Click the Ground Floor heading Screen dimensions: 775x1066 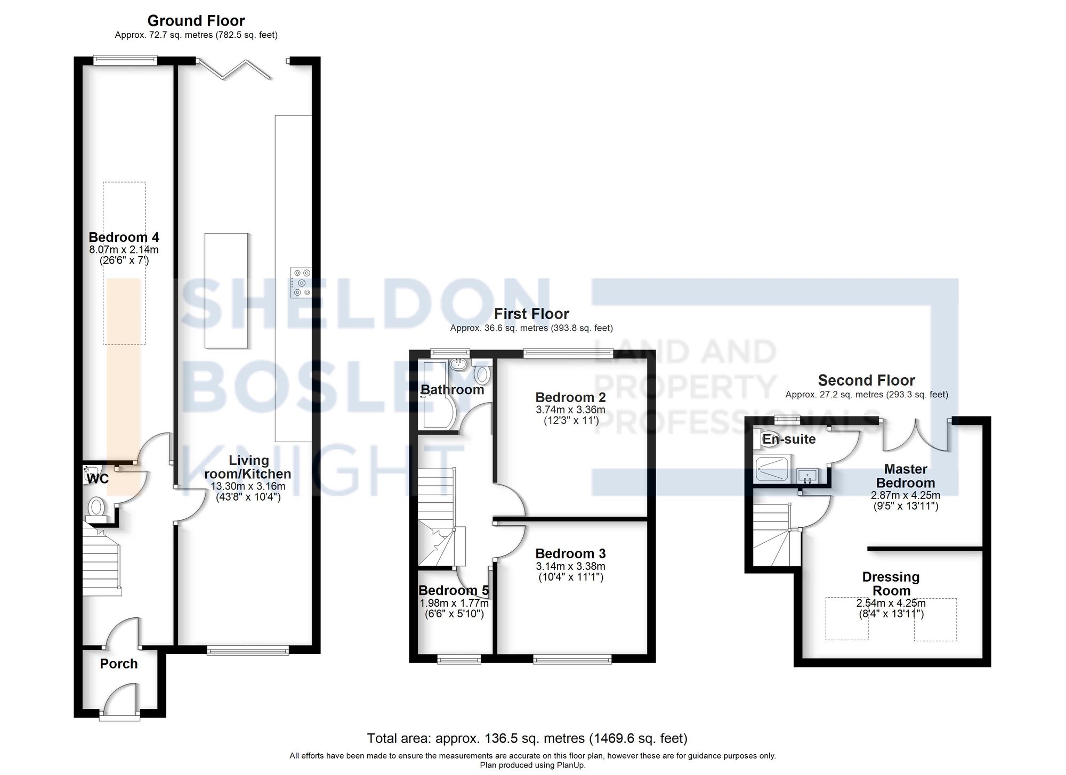(196, 21)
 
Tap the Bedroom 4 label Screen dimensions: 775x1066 (124, 237)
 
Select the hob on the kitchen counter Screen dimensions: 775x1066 (301, 282)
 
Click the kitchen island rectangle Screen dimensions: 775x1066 (226, 290)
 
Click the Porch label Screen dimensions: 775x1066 (119, 664)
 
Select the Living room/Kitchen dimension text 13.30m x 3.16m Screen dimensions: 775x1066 (248, 486)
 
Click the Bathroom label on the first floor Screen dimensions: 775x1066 (452, 389)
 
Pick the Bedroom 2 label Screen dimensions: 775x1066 (570, 397)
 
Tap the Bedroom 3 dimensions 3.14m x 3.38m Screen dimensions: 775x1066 (570, 566)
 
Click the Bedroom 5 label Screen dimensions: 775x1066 (453, 590)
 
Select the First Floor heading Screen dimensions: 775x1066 (531, 314)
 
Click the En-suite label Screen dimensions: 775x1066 (789, 439)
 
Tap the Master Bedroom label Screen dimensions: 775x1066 (905, 476)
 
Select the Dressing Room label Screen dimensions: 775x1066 (891, 584)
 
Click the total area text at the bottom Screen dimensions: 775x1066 (527, 738)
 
